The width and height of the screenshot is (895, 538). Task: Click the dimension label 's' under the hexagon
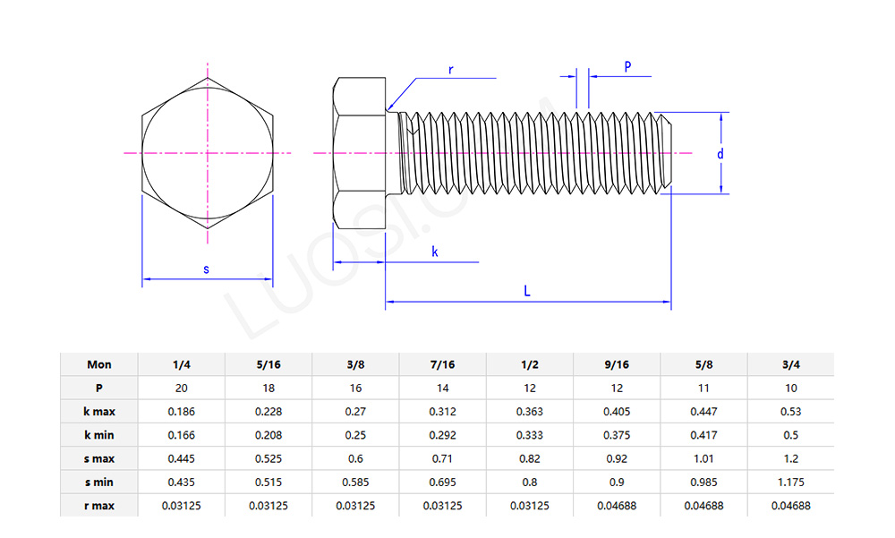pos(207,269)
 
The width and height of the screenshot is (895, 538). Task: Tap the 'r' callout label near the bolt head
pos(450,69)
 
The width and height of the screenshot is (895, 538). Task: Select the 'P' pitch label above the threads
pos(627,67)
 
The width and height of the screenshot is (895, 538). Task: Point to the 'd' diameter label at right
pos(720,154)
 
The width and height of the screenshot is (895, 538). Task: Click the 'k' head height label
pos(435,252)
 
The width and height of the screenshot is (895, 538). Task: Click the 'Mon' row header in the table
pos(99,364)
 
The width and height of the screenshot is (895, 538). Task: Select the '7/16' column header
pos(442,364)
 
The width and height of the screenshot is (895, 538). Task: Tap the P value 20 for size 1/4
pos(181,389)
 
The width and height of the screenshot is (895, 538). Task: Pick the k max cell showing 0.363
pos(530,412)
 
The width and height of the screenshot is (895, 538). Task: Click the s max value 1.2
pos(790,458)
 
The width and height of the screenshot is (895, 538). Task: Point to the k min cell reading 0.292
pos(442,435)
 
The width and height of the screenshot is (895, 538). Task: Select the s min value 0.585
pos(355,482)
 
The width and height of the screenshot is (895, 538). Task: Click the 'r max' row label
pos(99,506)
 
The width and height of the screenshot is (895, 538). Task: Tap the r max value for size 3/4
pos(790,506)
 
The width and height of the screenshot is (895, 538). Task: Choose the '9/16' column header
pos(617,364)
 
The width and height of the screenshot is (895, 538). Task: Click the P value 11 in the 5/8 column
pos(703,389)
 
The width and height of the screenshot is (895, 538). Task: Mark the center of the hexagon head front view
pos(208,153)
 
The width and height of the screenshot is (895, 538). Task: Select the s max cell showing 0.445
pos(181,458)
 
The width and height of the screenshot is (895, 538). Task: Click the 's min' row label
pos(99,482)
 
